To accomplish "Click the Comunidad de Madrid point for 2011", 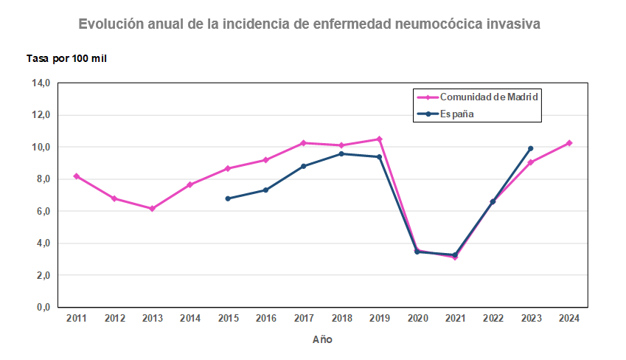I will tap(77, 176).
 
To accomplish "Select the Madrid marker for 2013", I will tap(152, 209).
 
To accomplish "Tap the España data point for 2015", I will tap(228, 198).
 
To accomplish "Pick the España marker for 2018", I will tap(341, 153).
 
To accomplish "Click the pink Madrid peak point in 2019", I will tap(379, 139).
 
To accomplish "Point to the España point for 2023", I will tap(530, 148).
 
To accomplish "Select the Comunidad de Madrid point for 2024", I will tap(568, 143).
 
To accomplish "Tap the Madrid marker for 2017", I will tap(303, 143).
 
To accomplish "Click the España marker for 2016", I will tap(265, 190).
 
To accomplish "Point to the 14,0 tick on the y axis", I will tap(40, 83).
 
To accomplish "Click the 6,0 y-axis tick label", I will tap(40, 211).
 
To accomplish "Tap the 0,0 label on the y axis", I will tap(40, 307).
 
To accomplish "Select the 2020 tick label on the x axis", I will tap(417, 319).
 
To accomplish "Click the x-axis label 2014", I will tap(189, 319).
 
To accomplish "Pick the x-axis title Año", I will tap(322, 339).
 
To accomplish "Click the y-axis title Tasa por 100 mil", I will tap(67, 58).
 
